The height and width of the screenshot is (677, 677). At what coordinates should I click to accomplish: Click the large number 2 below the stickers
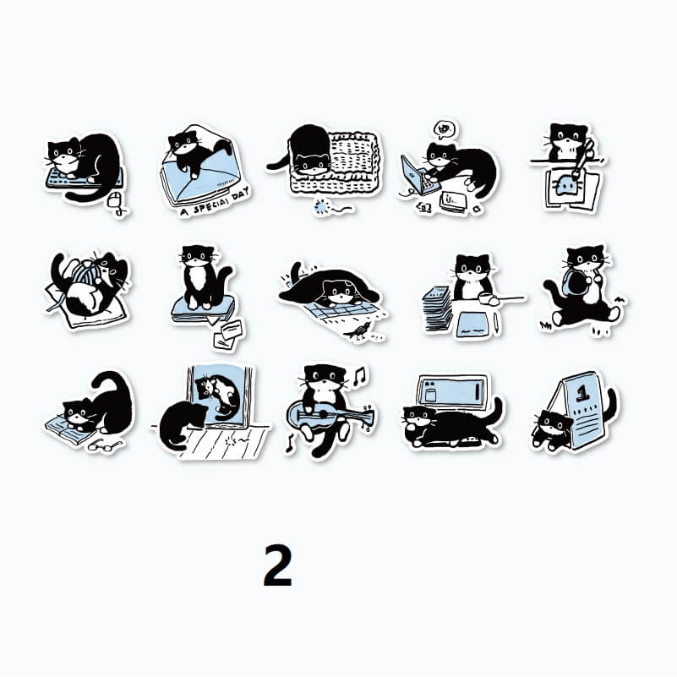click(277, 565)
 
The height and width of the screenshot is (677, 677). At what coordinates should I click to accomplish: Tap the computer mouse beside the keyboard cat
click(114, 200)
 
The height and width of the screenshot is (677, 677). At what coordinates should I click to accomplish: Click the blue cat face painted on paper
click(566, 187)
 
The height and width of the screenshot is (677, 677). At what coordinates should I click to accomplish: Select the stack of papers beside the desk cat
click(437, 309)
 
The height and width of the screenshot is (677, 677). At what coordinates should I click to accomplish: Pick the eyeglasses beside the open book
click(103, 445)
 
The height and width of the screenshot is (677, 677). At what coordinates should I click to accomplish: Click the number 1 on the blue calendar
click(583, 392)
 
